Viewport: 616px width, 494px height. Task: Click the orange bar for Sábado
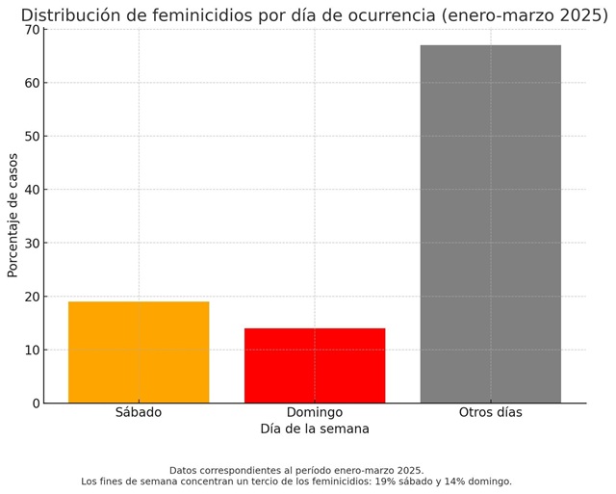139,351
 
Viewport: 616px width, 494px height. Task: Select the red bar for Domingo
315,365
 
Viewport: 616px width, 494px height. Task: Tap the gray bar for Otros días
490,223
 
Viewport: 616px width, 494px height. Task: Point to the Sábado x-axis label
139,412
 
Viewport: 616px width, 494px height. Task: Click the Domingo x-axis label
315,412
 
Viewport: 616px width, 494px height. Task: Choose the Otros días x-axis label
490,412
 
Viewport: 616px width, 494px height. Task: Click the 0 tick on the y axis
35,403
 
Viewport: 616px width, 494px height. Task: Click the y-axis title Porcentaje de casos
13,215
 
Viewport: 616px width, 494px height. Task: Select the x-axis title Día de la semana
315,429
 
